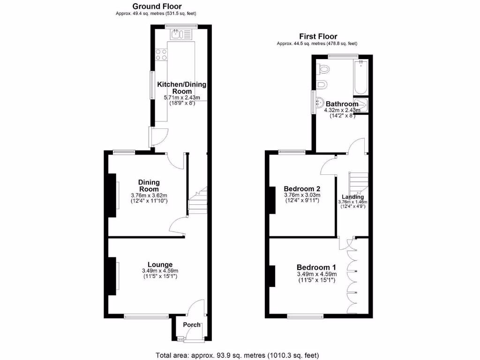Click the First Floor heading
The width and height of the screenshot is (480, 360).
point(318,36)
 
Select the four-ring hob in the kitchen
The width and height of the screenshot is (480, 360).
point(162,54)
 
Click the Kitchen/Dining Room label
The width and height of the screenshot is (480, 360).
point(181,88)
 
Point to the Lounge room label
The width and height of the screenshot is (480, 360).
point(160,264)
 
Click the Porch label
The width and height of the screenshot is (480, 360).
point(191,325)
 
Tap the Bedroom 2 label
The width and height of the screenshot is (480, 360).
point(302,188)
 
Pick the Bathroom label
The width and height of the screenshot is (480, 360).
point(342,104)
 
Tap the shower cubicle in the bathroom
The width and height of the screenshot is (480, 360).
point(361,105)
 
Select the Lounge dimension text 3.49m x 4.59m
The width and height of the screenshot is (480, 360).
point(160,271)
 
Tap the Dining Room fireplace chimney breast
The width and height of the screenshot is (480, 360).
point(112,195)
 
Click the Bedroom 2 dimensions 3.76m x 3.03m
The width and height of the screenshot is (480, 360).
point(302,195)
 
